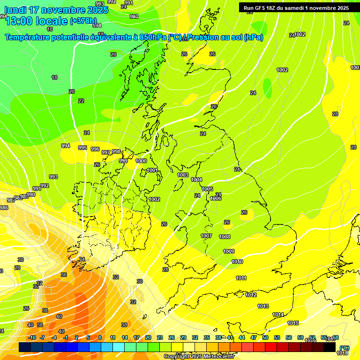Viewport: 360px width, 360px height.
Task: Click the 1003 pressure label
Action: [x=183, y=175]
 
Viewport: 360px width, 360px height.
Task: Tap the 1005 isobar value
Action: [x=207, y=189]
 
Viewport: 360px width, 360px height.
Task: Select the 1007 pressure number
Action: [x=206, y=236]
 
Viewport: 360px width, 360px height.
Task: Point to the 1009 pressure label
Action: [x=229, y=251]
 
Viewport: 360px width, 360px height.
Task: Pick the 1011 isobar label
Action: [x=241, y=278]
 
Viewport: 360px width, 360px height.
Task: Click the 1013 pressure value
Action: [x=263, y=306]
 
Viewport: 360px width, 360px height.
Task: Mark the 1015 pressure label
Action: [x=293, y=323]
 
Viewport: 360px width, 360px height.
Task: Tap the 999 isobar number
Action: [x=123, y=161]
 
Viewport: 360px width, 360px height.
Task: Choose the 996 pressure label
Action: [x=95, y=149]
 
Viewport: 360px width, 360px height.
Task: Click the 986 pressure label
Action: [x=4, y=208]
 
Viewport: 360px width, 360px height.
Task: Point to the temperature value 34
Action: [x=82, y=259]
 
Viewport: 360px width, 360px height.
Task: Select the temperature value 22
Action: [x=81, y=101]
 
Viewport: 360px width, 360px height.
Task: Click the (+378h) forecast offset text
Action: [x=83, y=21]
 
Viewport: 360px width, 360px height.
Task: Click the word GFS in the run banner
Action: [x=262, y=8]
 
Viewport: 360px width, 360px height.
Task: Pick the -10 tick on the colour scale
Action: [x=32, y=337]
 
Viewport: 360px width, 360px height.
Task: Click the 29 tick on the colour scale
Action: [x=183, y=337]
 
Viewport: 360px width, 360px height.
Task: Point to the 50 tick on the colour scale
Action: [x=265, y=337]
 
